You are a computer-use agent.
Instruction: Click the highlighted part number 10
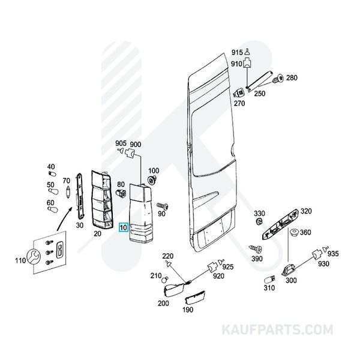coord(124,228)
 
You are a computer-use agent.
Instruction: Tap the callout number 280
coord(292,79)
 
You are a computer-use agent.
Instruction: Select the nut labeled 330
coord(259,223)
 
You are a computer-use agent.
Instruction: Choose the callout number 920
coord(218,276)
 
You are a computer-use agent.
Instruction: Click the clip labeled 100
coord(151,180)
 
